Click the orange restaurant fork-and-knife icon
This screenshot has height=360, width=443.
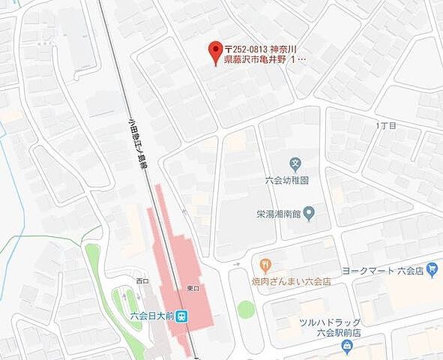[265, 265]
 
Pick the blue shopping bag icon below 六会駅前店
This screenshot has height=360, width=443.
[346, 346]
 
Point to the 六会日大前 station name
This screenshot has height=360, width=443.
[151, 316]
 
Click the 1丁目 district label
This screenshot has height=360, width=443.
[385, 127]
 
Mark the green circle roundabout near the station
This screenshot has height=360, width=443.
[246, 308]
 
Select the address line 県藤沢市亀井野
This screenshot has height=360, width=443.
[257, 59]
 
